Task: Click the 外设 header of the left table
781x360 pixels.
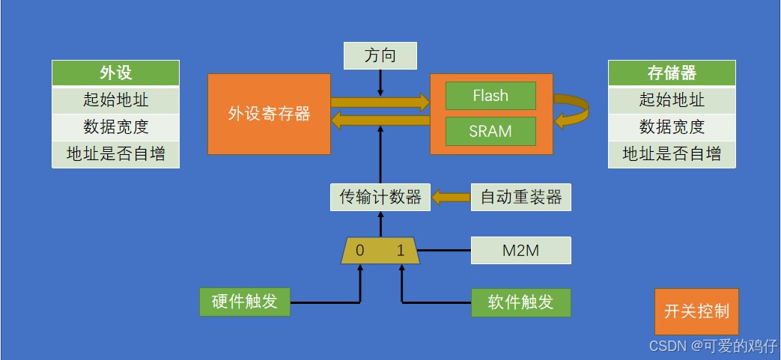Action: (115, 73)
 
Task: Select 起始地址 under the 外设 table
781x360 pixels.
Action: (115, 100)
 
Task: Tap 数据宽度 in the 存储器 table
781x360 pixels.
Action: (672, 126)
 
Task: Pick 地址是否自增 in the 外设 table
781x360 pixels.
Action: (115, 154)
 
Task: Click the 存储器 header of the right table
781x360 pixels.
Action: (672, 73)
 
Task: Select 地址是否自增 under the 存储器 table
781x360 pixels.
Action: (672, 154)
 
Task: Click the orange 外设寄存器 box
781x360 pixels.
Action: (269, 115)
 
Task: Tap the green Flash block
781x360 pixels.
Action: (490, 96)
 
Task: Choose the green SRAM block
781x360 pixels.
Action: (490, 131)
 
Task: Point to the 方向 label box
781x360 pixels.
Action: (380, 55)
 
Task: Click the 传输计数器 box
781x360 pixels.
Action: (380, 198)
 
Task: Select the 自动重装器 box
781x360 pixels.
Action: (520, 198)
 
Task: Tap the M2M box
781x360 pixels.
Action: (520, 251)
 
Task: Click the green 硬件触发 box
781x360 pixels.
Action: (245, 302)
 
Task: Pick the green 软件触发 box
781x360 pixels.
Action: (520, 302)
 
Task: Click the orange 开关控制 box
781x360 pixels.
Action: (696, 311)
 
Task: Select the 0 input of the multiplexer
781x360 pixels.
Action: (360, 251)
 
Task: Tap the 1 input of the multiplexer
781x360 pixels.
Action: (401, 251)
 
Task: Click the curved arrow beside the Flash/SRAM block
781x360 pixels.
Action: (573, 111)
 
